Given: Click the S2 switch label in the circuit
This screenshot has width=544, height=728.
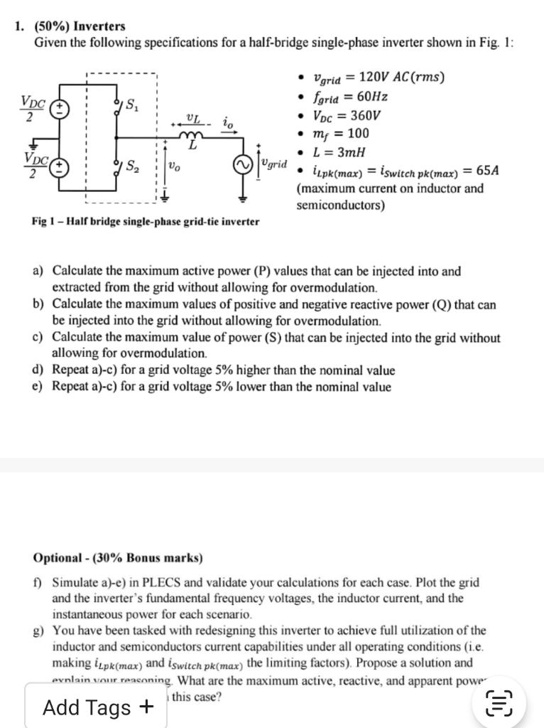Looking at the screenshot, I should click(x=132, y=168).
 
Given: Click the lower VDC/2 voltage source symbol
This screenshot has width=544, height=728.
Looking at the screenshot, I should click(x=61, y=165).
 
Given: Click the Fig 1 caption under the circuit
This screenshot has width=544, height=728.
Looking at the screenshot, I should click(x=146, y=221).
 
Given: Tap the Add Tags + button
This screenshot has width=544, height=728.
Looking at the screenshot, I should click(x=97, y=707).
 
